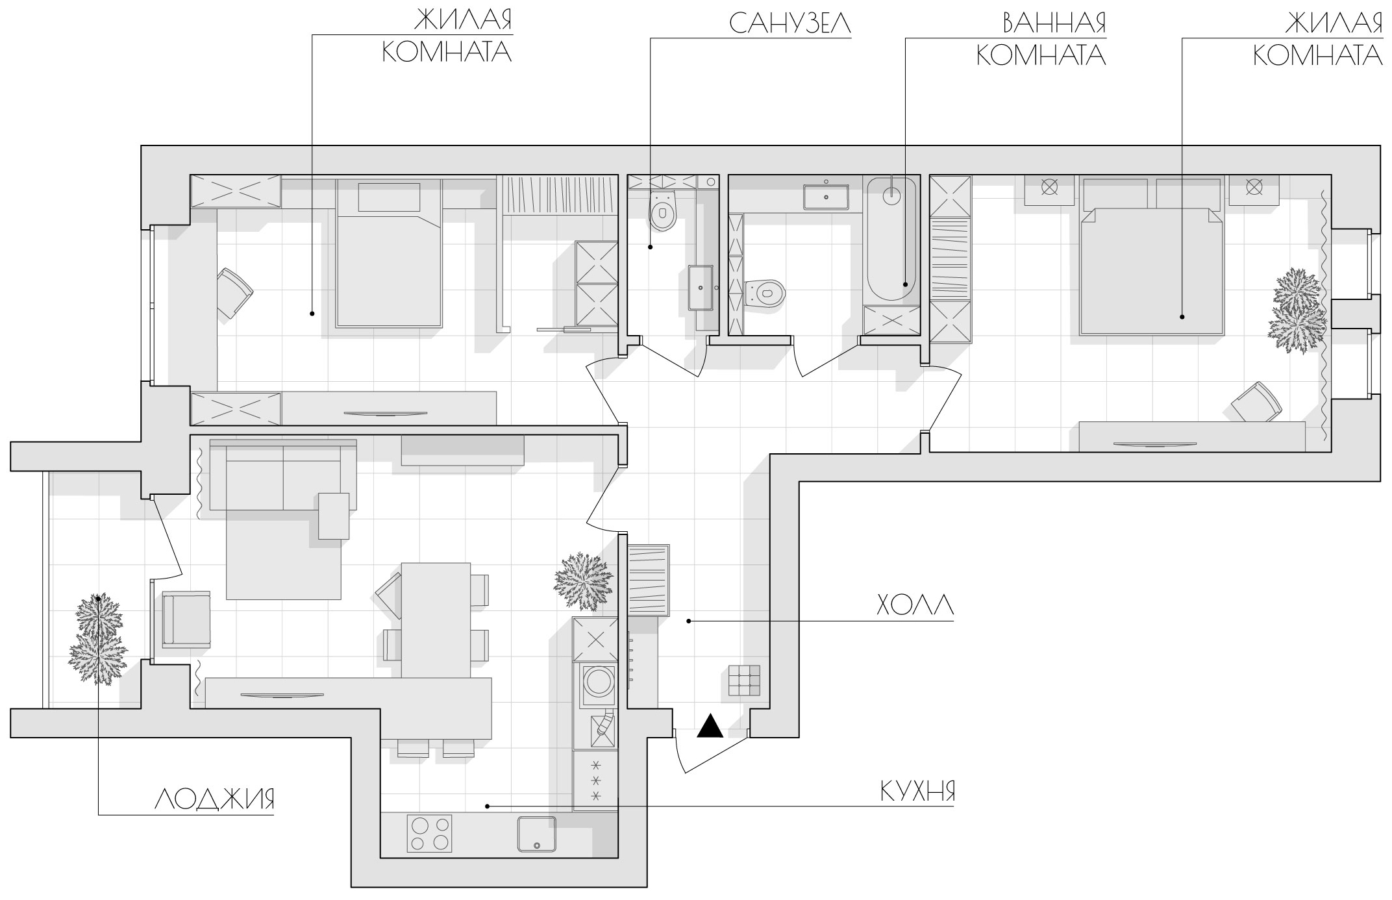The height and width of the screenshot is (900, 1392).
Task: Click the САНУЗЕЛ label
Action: (x=789, y=23)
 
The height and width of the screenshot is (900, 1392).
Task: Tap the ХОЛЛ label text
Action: (x=915, y=605)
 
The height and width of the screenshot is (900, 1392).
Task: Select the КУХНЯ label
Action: (x=917, y=792)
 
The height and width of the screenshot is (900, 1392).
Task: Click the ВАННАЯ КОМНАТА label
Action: (x=1041, y=39)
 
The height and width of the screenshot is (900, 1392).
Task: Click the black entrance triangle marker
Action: (x=710, y=725)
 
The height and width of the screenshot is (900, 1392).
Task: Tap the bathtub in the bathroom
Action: (x=891, y=240)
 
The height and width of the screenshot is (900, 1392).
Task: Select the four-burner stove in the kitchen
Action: (x=429, y=833)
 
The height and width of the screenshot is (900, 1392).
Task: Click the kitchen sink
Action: (x=537, y=834)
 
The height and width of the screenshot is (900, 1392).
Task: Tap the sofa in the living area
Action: (x=283, y=475)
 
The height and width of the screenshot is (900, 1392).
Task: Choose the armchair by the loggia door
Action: (x=186, y=619)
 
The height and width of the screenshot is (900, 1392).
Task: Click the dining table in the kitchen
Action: (x=436, y=620)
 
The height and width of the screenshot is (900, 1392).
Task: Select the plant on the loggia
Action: (x=98, y=639)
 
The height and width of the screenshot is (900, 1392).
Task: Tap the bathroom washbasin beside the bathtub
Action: (x=826, y=196)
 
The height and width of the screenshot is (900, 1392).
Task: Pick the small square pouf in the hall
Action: (x=744, y=681)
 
